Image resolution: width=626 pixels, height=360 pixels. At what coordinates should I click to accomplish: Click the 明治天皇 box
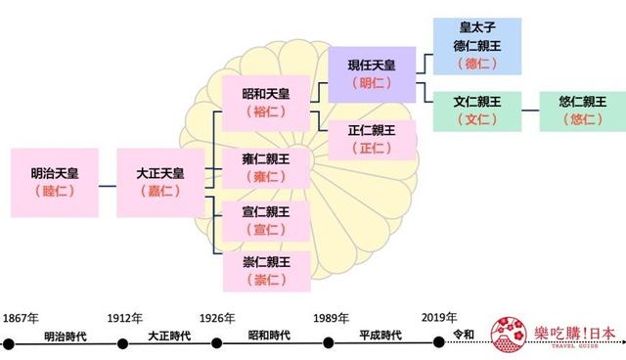(x=55, y=182)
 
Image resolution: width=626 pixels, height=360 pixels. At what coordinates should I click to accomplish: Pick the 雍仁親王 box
(x=266, y=166)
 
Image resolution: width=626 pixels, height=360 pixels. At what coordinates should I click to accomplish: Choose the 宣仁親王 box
(x=266, y=220)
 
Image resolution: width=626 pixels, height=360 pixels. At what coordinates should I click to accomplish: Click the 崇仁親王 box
(x=266, y=271)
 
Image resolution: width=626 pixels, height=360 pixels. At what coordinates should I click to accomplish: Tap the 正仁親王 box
(x=373, y=138)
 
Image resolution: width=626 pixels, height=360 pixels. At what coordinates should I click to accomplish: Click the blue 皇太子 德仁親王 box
(x=476, y=45)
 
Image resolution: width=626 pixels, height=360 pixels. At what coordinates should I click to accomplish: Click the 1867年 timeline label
(x=21, y=319)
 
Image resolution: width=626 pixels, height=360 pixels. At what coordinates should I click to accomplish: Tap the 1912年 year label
(x=125, y=319)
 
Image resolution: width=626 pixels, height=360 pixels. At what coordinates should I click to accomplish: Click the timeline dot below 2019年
(x=437, y=343)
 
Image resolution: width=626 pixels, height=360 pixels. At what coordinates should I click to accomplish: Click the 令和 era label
(x=464, y=335)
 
